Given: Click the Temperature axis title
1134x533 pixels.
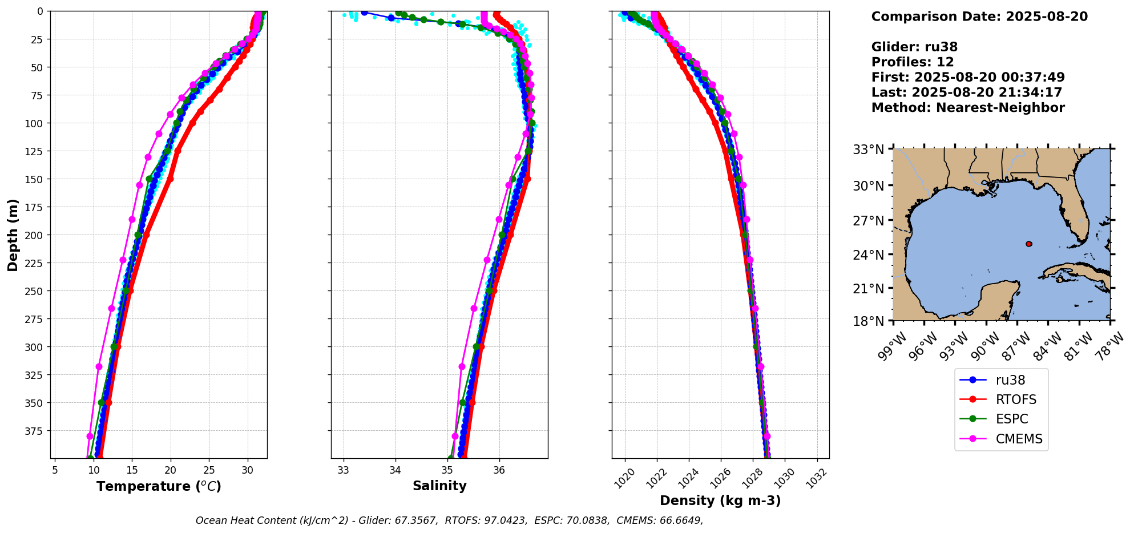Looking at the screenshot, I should [159, 486].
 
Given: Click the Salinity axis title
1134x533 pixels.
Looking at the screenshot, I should [439, 486].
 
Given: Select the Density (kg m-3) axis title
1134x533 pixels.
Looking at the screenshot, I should [720, 500].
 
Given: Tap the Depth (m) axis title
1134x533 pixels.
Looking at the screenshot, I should [13, 235].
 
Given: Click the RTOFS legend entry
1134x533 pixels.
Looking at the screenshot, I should [1015, 399].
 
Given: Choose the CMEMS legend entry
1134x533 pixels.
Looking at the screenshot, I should [1019, 439].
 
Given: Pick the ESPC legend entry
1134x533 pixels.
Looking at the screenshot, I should [1011, 419].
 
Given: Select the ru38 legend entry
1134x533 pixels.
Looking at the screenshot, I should [1010, 380].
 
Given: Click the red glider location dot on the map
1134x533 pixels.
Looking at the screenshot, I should [1028, 244].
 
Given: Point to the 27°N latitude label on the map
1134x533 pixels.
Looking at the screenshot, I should [868, 221].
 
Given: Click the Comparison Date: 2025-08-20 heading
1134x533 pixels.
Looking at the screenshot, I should [979, 17].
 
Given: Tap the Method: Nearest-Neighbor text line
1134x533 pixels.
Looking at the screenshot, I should [968, 108].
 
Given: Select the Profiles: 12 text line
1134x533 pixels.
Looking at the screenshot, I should [913, 62].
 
